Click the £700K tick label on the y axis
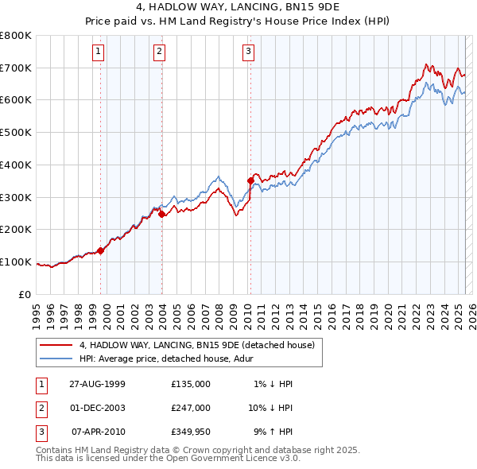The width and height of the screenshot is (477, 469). coord(16,68)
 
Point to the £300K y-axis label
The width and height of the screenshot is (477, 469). coord(16,197)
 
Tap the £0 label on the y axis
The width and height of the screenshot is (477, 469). coord(25,294)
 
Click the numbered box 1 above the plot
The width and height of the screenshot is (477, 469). coord(98,52)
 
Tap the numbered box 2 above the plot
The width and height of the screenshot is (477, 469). coord(159,52)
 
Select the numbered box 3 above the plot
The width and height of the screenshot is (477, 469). coord(248,52)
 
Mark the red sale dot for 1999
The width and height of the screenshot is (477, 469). coord(101,250)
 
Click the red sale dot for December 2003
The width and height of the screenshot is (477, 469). coord(162,214)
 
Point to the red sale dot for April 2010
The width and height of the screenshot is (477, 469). coord(251,180)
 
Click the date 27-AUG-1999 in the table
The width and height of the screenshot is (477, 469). coord(97,384)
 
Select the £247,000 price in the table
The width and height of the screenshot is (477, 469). coord(191,408)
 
